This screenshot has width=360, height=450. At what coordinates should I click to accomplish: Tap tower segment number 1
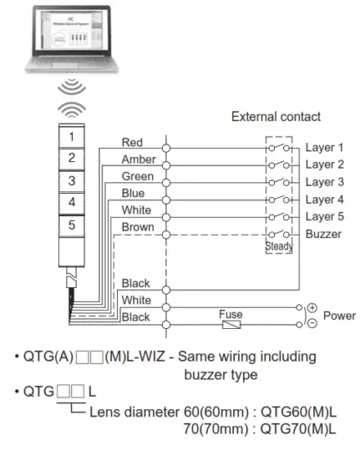72,135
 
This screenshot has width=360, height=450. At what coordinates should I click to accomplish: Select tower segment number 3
72,179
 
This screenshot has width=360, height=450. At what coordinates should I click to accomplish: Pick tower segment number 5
72,223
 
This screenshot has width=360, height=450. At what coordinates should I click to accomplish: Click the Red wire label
132,143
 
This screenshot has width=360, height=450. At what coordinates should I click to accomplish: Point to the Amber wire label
138,160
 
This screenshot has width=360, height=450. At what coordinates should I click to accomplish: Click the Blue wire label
133,193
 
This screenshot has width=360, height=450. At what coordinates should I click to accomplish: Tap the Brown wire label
137,226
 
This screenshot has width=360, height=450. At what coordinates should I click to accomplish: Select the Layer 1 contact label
324,148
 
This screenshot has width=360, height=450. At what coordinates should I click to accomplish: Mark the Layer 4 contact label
324,200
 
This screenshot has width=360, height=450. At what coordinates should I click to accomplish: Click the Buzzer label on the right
323,233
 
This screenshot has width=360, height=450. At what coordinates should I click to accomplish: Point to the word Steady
279,246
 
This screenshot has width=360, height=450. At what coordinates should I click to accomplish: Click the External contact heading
277,116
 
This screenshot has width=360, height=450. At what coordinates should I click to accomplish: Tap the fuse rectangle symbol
231,325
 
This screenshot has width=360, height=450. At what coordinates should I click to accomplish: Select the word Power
340,315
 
